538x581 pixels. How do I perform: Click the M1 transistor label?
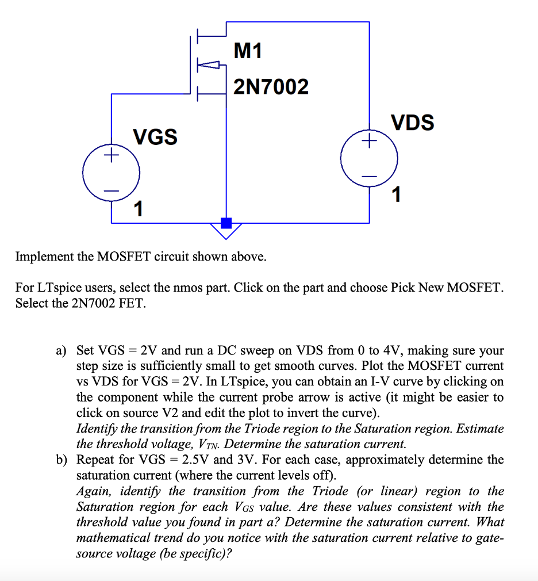(x=248, y=52)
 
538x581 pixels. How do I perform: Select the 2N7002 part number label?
(x=271, y=87)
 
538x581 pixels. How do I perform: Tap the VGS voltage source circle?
(x=111, y=173)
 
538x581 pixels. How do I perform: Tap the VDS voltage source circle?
(x=369, y=158)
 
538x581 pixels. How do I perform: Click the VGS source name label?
(x=155, y=137)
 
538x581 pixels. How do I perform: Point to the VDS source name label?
(x=413, y=123)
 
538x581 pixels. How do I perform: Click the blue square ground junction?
(x=226, y=223)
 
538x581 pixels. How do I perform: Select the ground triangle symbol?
(x=226, y=232)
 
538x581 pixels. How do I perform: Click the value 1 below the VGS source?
(x=138, y=208)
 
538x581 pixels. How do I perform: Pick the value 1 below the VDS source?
(x=395, y=195)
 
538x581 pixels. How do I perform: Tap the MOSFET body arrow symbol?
(x=210, y=65)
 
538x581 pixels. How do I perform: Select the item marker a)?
(x=62, y=350)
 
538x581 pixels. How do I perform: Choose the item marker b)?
(x=62, y=460)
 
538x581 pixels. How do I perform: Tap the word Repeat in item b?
(x=97, y=460)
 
